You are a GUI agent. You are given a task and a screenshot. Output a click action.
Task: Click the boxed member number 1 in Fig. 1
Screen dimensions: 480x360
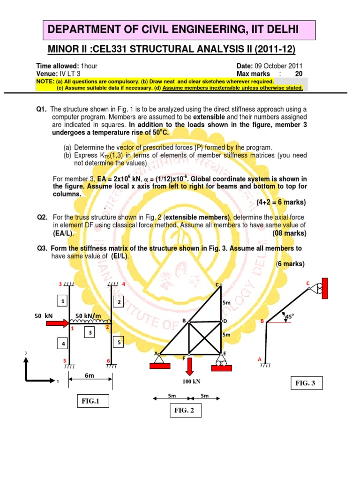click(x=61, y=300)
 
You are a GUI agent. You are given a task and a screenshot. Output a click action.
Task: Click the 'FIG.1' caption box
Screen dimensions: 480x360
click(x=92, y=401)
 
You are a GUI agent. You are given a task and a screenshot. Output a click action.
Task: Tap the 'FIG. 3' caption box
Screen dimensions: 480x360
click(x=307, y=383)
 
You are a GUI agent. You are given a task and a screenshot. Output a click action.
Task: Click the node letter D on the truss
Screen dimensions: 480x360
click(x=225, y=321)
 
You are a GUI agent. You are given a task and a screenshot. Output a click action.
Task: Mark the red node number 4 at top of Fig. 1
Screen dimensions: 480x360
click(x=124, y=285)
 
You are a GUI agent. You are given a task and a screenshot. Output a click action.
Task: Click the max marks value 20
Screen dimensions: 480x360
click(x=299, y=74)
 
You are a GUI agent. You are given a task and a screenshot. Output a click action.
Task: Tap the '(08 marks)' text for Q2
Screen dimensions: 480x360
click(x=289, y=233)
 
